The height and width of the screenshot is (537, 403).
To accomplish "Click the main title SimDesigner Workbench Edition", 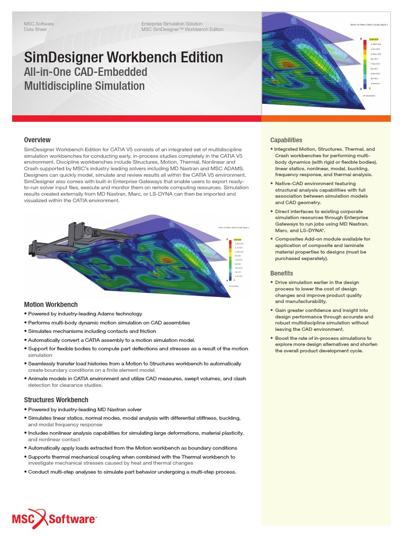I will tap(123, 57).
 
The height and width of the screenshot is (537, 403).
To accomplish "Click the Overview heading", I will tap(37, 140).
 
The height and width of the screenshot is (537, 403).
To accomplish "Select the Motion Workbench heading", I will tap(51, 305).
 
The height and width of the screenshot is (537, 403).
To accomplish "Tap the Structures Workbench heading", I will tap(57, 400).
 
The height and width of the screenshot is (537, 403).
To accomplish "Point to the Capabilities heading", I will tap(286, 140).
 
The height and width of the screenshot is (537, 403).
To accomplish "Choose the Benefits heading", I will tap(281, 273).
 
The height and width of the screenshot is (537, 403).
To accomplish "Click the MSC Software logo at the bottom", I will tap(55, 519).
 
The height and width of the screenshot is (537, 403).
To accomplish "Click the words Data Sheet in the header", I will tap(35, 30).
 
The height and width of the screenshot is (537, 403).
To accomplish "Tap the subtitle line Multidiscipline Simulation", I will tap(84, 86).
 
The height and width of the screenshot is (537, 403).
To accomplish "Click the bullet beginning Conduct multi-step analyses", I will tap(131, 472).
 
